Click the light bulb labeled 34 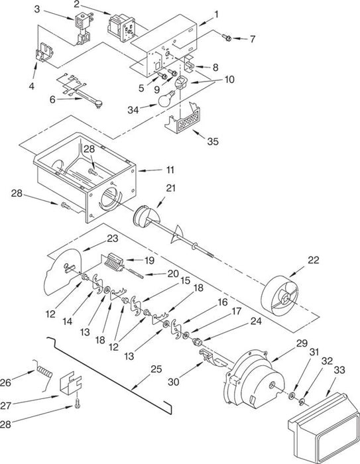coord(166,99)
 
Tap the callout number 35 coord(213,141)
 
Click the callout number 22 coord(314,260)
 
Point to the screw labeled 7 coord(227,38)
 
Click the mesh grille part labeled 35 coord(183,119)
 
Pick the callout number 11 coord(170,170)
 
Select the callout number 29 coord(302,343)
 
